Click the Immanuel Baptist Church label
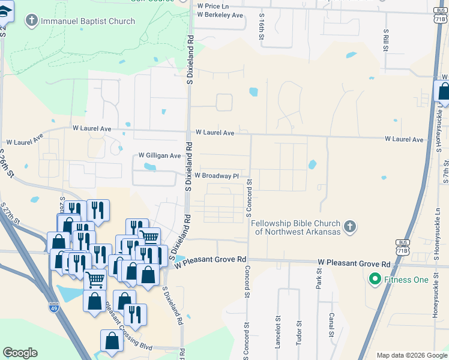88,22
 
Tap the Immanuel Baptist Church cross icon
32,22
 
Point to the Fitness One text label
408,280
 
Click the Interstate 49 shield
53,307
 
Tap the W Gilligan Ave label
160,155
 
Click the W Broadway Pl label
218,176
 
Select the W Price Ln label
214,5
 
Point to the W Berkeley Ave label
220,14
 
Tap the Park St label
318,278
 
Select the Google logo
20,353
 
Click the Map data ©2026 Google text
411,355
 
